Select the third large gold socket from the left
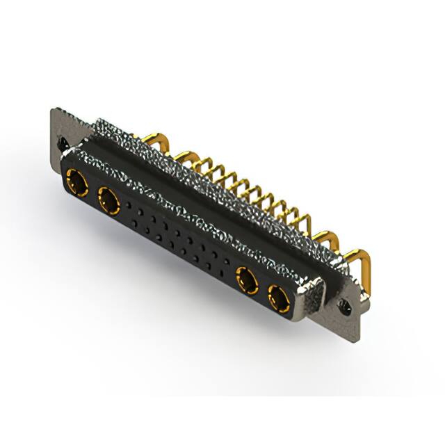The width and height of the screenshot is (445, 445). (246, 282)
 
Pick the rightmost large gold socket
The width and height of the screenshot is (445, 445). (280, 300)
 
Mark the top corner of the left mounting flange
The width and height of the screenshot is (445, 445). (55, 110)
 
